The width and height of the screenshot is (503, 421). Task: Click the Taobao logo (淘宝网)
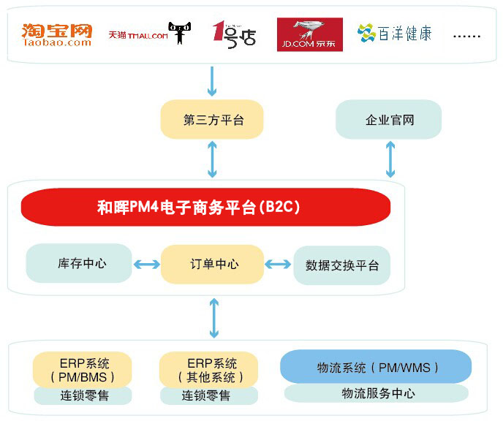coord(56,34)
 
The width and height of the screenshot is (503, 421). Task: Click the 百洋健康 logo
coord(394,33)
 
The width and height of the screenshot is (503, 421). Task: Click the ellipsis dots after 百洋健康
coord(466,35)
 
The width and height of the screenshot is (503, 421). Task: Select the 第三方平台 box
coord(212,120)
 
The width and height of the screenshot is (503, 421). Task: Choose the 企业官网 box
coord(389,119)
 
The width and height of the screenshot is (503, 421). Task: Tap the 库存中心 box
coord(80,263)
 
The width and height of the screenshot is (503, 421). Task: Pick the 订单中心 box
coord(212,264)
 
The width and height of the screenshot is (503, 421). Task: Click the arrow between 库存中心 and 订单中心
coord(146,264)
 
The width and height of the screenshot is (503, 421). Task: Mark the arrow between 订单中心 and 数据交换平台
coord(278,264)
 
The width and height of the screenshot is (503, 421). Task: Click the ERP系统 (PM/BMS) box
coord(83,370)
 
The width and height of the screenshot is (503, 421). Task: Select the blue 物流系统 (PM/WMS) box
coord(376,367)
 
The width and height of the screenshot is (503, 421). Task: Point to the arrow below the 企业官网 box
coord(390,159)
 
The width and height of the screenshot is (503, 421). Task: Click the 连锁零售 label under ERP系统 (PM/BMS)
coord(83,395)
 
